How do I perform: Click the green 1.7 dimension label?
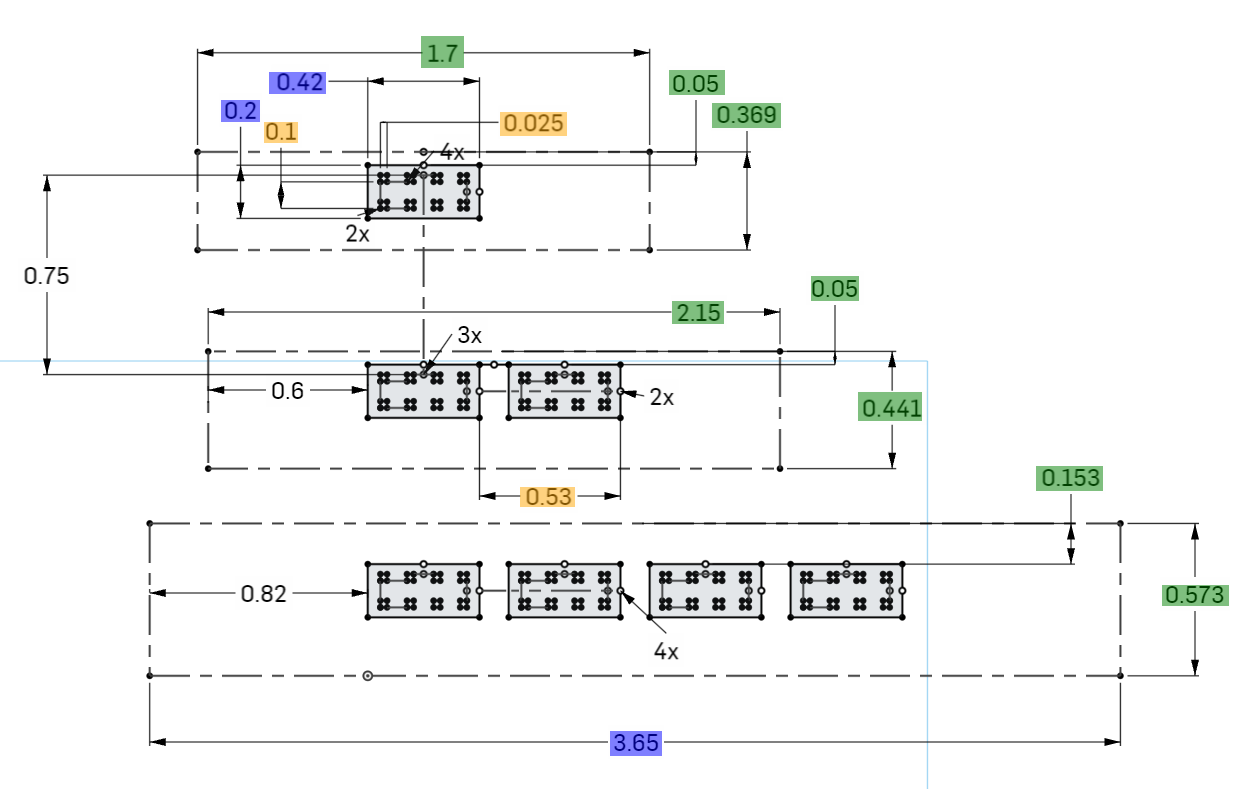pyautogui.click(x=444, y=53)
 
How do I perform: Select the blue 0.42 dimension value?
pyautogui.click(x=300, y=82)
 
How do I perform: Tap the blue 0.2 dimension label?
pyautogui.click(x=240, y=111)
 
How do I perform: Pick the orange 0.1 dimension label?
pyautogui.click(x=281, y=131)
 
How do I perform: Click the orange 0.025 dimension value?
pyautogui.click(x=534, y=123)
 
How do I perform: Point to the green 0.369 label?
pyautogui.click(x=746, y=116)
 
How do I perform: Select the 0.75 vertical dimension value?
pyautogui.click(x=47, y=276)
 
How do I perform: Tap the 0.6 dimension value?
pyautogui.click(x=288, y=391)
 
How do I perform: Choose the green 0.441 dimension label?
pyautogui.click(x=892, y=408)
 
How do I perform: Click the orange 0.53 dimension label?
pyautogui.click(x=548, y=496)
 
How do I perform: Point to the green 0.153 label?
pyautogui.click(x=1070, y=478)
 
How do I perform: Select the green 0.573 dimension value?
pyautogui.click(x=1194, y=595)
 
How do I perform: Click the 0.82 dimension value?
pyautogui.click(x=264, y=594)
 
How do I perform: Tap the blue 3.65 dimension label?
pyautogui.click(x=636, y=743)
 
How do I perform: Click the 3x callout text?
pyautogui.click(x=470, y=336)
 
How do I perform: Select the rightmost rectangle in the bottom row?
pyautogui.click(x=847, y=591)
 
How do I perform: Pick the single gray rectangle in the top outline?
pyautogui.click(x=424, y=191)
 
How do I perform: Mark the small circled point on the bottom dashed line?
pyautogui.click(x=368, y=676)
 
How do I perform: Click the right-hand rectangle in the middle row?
pyautogui.click(x=564, y=391)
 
